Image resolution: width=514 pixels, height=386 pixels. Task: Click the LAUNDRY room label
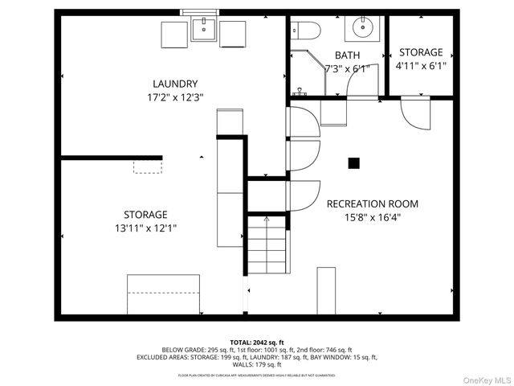(174, 84)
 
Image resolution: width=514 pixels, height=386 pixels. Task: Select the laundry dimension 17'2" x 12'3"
(174, 97)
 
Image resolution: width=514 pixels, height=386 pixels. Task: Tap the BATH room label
(347, 55)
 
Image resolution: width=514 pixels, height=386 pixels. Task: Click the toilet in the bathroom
(307, 31)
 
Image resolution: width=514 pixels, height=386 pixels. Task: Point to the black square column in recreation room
(353, 163)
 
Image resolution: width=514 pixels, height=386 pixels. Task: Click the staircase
(267, 245)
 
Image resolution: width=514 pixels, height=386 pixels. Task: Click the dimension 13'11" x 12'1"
(145, 228)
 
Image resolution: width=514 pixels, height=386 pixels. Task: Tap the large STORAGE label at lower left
(145, 215)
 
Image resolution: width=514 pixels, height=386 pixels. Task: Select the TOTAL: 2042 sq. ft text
(257, 342)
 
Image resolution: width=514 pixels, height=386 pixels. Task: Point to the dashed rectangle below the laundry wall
(148, 166)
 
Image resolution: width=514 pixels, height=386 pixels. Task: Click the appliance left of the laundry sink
(174, 35)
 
